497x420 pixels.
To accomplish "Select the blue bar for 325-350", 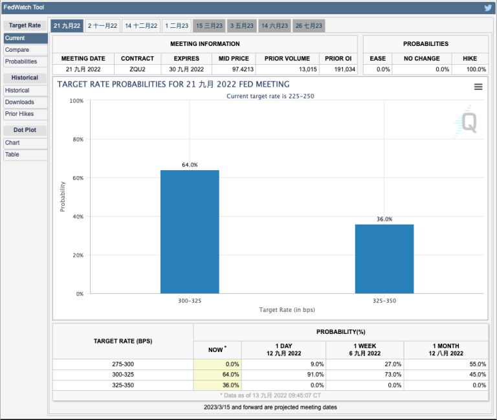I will [x=384, y=259].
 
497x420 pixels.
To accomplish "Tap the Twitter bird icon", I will [x=488, y=8].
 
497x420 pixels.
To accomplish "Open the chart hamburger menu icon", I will [x=478, y=87].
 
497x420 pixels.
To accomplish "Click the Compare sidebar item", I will [x=17, y=50].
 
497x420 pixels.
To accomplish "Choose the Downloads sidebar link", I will [x=19, y=102].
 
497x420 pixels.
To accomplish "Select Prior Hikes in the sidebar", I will [x=19, y=114].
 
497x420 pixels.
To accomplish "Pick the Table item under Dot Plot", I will [x=12, y=155].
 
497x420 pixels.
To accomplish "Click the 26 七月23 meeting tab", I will [x=309, y=26].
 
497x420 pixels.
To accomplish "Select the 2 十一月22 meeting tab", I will [x=103, y=26].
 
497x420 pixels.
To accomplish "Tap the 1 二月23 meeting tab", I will [x=177, y=26].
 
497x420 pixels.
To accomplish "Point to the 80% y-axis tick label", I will [x=76, y=139].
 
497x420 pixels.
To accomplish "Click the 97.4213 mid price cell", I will [x=234, y=69].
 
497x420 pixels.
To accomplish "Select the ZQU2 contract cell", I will [x=137, y=69].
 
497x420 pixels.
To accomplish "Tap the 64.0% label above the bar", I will [x=190, y=165].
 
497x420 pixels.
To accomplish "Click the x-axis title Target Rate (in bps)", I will [x=287, y=310].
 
